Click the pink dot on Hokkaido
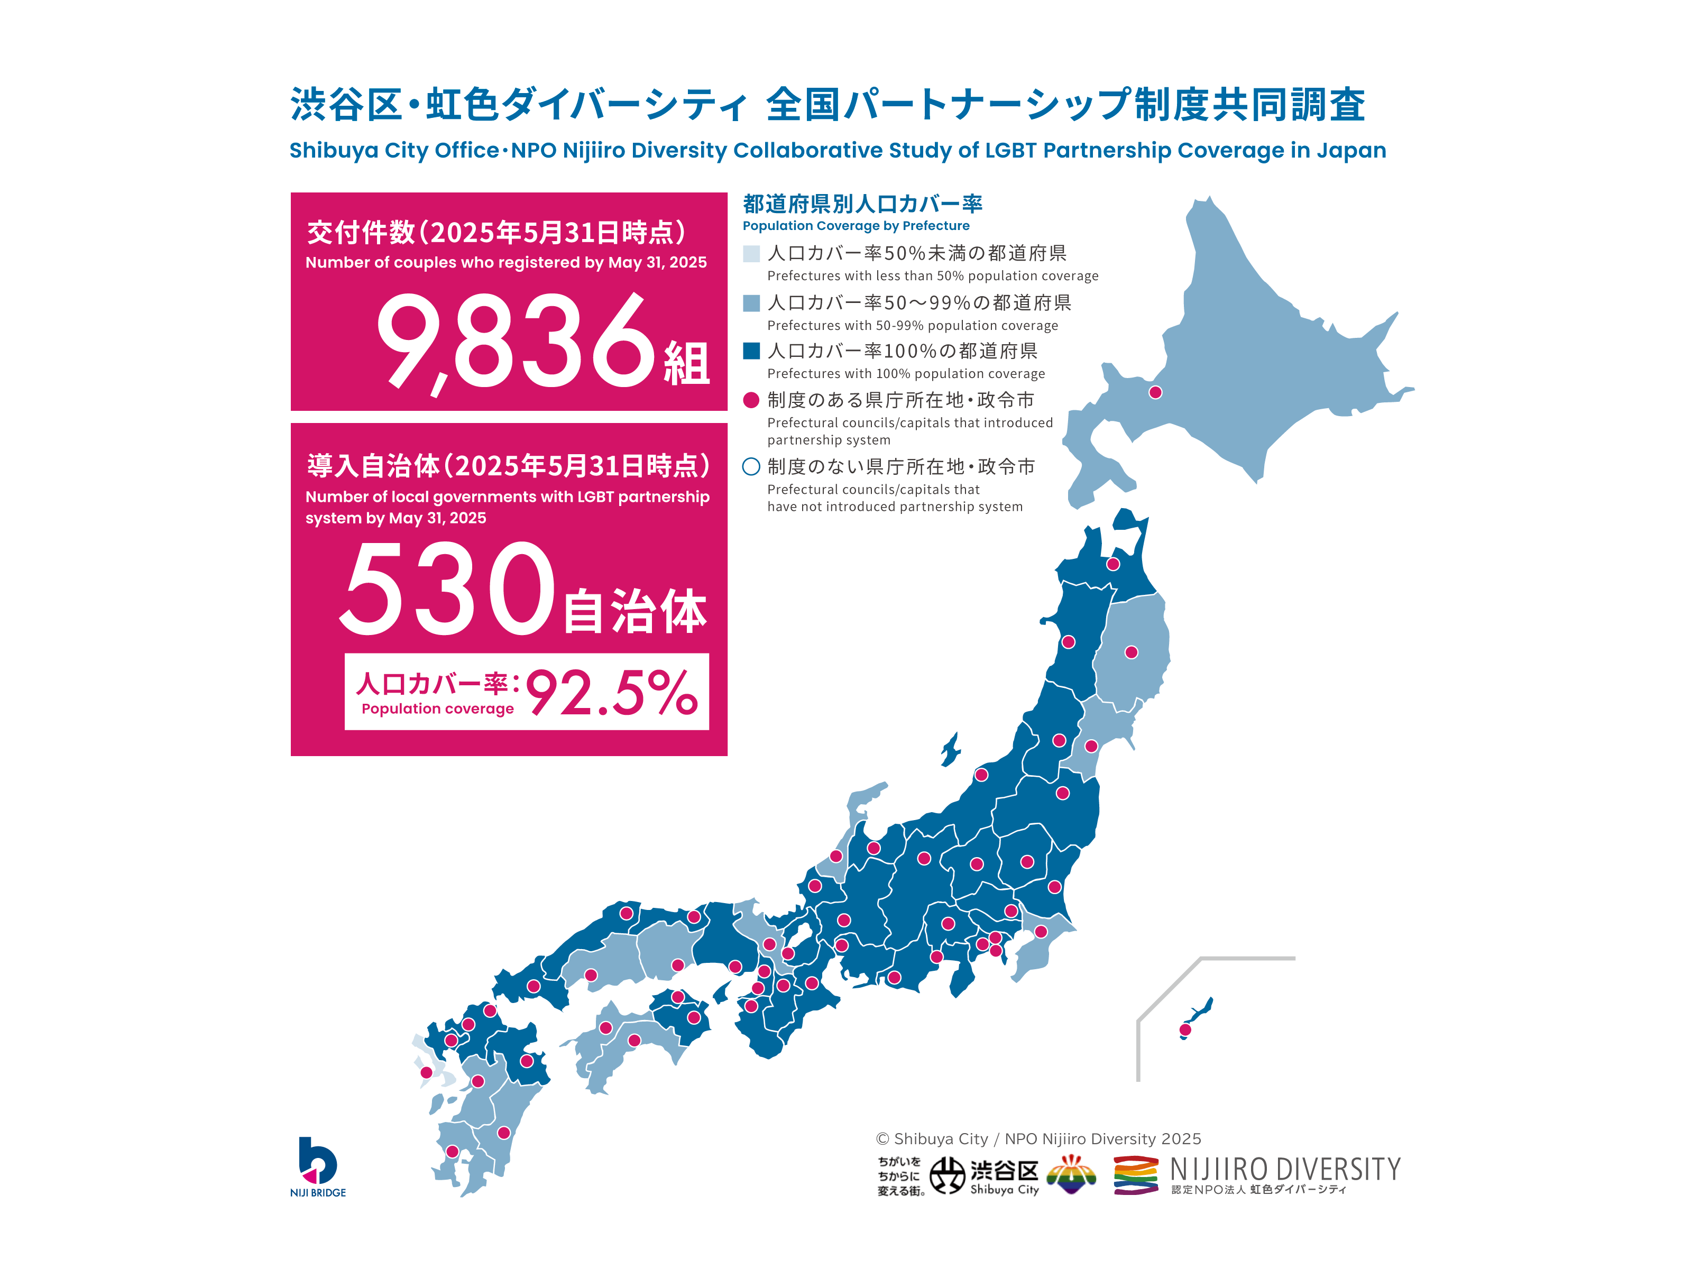1155,392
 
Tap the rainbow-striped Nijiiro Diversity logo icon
1135,1174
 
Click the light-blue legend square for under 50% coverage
751,253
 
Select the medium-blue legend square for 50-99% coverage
751,303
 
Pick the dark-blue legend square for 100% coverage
751,351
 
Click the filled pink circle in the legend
751,400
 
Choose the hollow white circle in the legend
751,466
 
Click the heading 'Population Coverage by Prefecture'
856,226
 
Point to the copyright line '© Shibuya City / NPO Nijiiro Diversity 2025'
1038,1139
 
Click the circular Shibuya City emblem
947,1174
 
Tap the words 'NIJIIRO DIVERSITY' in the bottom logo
1285,1169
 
